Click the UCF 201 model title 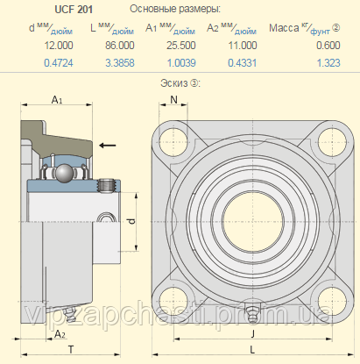click(74, 10)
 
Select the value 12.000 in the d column click(59, 46)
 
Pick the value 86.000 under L click(120, 46)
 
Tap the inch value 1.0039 click(181, 63)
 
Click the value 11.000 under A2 click(243, 46)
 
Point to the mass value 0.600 click(328, 46)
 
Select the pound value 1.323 click(328, 63)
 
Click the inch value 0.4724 click(59, 63)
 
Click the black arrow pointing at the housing click(108, 145)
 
